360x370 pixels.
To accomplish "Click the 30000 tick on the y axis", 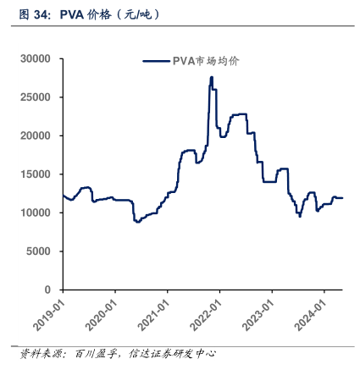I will pos(38,59).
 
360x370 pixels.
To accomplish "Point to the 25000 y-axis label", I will pos(38,97).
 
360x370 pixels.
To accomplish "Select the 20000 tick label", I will pos(38,135).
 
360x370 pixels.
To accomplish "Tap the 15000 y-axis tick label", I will pos(38,174).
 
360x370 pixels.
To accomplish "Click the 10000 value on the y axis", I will pos(38,213).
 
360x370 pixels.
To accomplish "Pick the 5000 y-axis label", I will pos(42,251).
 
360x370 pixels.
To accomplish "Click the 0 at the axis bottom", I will pos(50,290).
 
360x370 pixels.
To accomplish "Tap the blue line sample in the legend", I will pos(156,61).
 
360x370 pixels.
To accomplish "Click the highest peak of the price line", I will pos(211,78).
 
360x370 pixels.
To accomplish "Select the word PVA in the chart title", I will pos(73,15).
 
